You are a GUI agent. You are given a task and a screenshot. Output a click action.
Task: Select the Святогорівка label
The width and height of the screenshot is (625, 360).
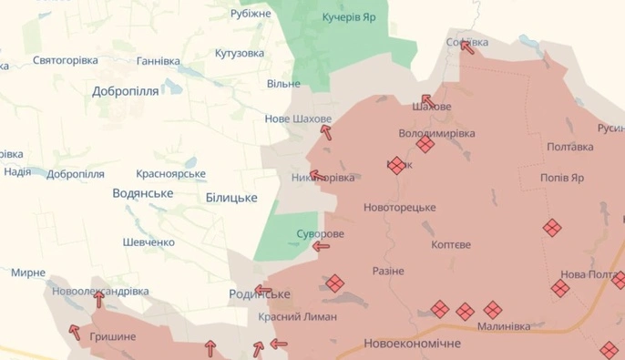(65, 60)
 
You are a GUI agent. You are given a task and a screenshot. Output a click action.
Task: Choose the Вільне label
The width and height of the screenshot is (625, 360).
(283, 84)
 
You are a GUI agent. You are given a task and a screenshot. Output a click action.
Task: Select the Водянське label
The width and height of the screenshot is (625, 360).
(142, 193)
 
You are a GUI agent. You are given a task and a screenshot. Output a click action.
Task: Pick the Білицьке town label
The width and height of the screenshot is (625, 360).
(231, 198)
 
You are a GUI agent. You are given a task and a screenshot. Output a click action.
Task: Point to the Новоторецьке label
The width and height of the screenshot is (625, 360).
(399, 208)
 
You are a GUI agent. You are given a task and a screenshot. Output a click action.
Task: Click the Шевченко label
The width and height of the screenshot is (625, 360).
(149, 242)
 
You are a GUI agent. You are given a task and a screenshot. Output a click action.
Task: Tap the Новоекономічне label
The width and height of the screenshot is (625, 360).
(412, 344)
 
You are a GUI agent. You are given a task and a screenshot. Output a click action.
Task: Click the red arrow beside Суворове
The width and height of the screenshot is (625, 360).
(322, 246)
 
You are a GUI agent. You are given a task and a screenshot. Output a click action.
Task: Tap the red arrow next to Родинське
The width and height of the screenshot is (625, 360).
(263, 292)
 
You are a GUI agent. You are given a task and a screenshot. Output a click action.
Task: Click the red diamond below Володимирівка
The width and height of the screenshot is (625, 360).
(425, 144)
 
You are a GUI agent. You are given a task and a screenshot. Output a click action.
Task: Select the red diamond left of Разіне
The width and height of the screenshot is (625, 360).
(335, 283)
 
